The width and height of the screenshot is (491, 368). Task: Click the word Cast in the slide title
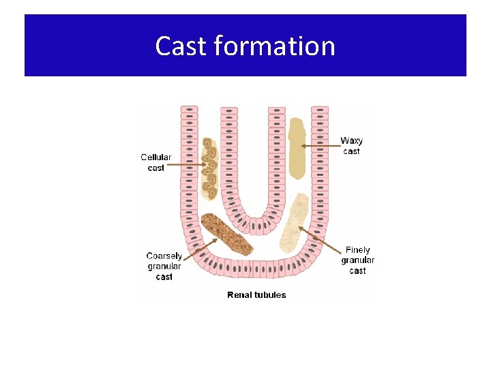coord(181,46)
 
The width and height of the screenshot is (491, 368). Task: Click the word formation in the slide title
coord(274,46)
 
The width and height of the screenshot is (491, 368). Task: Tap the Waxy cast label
coord(351,146)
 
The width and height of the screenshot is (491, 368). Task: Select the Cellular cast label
coord(156,162)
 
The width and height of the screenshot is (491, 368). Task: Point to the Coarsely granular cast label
coord(164,266)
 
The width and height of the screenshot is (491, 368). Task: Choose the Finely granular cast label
coord(358,260)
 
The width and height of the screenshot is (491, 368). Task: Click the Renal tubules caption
coord(256,295)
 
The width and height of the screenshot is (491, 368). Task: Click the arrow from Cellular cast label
coord(185,164)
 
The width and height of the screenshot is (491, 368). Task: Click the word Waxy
coord(351,141)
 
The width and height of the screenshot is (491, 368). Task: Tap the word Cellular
coord(156,157)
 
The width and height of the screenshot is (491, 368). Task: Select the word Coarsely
coord(164,256)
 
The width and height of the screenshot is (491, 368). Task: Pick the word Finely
coord(358,250)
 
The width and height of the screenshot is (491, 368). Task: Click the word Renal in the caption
coord(239,295)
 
